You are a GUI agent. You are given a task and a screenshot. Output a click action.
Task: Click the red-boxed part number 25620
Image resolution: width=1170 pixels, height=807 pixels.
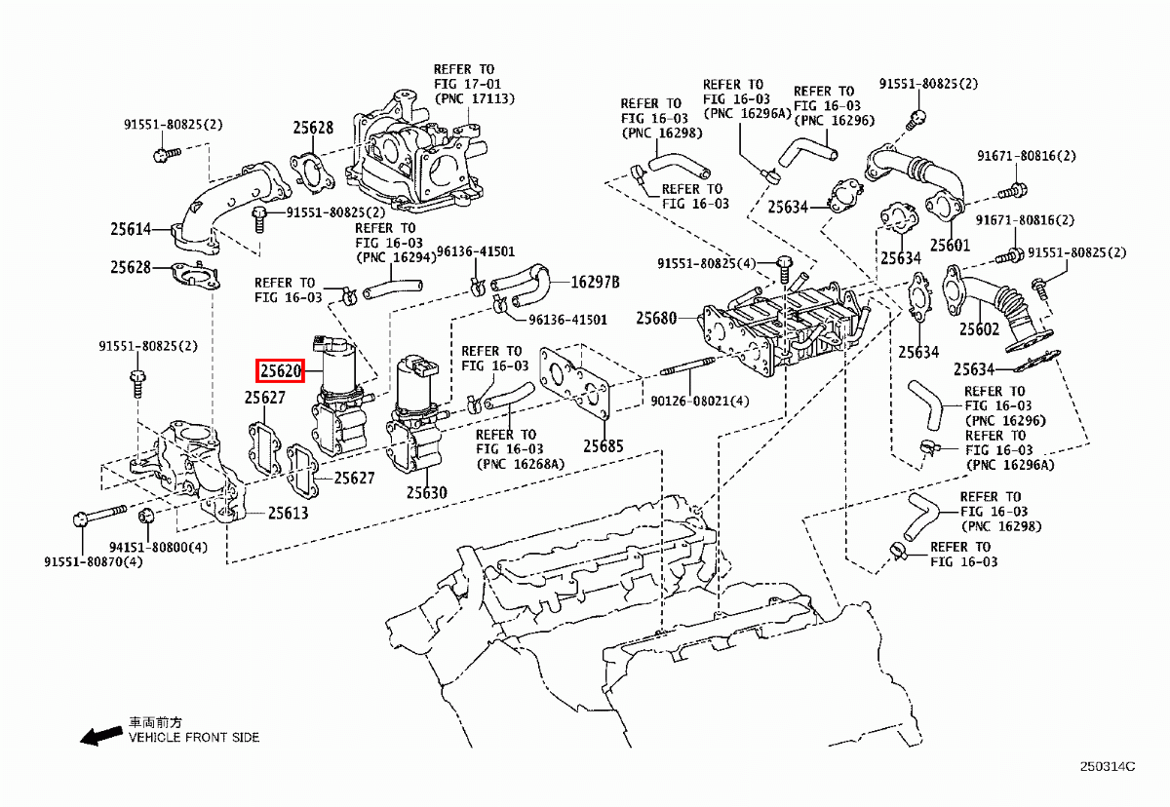tap(282, 370)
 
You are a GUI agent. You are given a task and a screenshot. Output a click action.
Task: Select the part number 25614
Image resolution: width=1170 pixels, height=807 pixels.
tap(131, 230)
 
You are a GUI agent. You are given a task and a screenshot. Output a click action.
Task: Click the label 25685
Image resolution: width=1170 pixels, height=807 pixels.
tap(604, 446)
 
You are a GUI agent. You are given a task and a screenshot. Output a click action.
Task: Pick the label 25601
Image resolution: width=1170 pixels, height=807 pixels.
tap(950, 246)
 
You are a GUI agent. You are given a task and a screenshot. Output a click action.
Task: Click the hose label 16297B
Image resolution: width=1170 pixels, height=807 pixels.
tap(595, 282)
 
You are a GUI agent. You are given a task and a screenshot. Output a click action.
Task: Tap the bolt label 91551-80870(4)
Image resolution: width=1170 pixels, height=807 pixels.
tap(94, 561)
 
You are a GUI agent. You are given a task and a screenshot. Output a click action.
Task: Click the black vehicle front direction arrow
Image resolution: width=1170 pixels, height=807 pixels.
tap(101, 736)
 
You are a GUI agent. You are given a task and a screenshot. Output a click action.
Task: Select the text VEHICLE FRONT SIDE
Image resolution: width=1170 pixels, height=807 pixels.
tap(194, 738)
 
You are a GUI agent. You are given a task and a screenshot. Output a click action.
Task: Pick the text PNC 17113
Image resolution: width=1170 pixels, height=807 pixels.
tap(475, 99)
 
